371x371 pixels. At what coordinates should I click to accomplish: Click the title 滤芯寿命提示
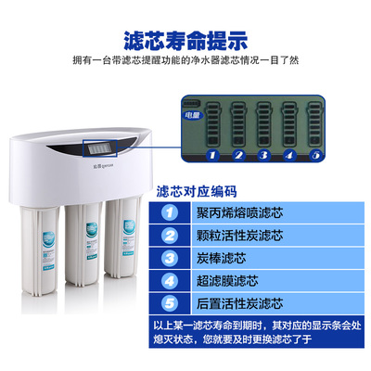point(185,41)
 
